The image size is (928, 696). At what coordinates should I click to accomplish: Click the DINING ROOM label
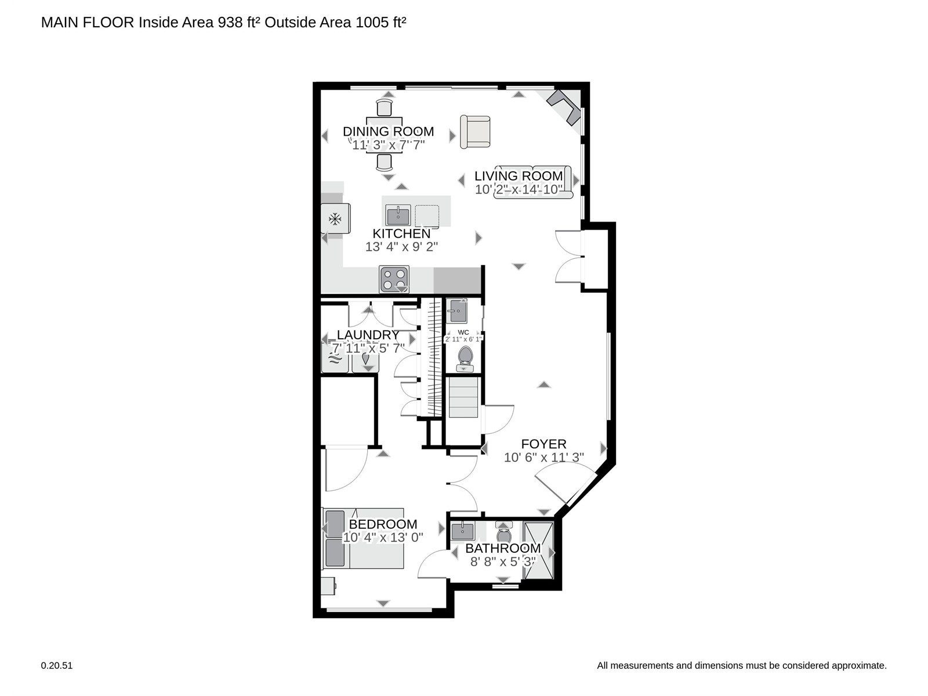(x=388, y=132)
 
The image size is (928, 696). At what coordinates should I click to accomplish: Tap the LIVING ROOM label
(x=519, y=176)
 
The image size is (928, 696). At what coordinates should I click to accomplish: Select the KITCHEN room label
(x=401, y=233)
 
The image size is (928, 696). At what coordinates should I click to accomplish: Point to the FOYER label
(x=543, y=444)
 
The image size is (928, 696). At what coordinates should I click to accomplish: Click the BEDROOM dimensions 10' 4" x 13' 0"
(x=383, y=537)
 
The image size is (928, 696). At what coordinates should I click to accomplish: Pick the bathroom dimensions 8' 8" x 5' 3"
(x=503, y=561)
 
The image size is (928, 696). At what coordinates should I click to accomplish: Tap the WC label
(x=463, y=332)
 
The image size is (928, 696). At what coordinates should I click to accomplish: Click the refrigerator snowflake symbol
(x=335, y=219)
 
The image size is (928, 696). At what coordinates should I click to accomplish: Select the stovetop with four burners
(x=394, y=279)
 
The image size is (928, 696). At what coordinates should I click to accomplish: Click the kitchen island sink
(x=398, y=215)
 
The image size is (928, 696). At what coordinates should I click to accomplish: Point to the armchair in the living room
(x=475, y=132)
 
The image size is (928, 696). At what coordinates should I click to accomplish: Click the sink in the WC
(x=456, y=311)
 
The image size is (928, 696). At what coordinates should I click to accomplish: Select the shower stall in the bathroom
(x=538, y=550)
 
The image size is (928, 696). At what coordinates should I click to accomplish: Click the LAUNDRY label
(x=368, y=335)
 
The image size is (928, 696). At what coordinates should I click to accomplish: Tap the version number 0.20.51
(x=57, y=666)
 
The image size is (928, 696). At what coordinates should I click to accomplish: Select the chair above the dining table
(x=385, y=107)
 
